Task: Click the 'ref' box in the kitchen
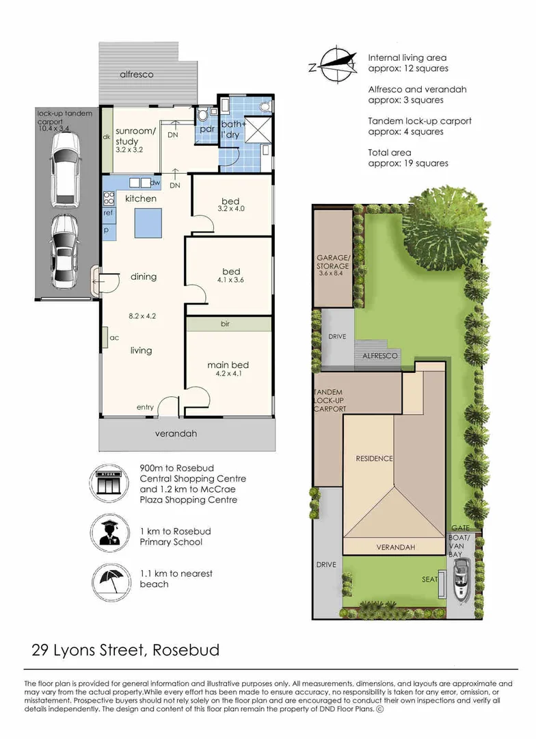[108, 213]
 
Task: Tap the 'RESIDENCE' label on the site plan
[374, 458]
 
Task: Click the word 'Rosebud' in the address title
[186, 649]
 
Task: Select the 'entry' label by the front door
[145, 408]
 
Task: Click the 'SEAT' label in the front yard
[431, 579]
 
